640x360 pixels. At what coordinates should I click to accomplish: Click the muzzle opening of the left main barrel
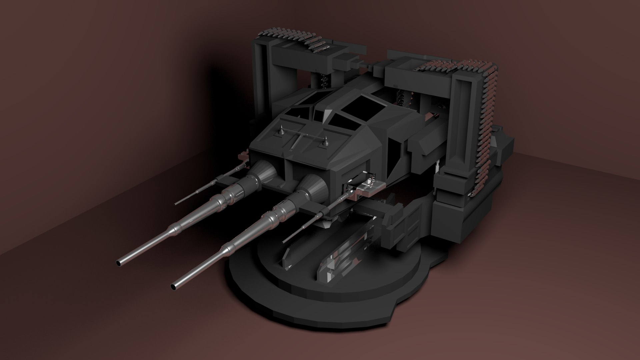click(119, 263)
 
